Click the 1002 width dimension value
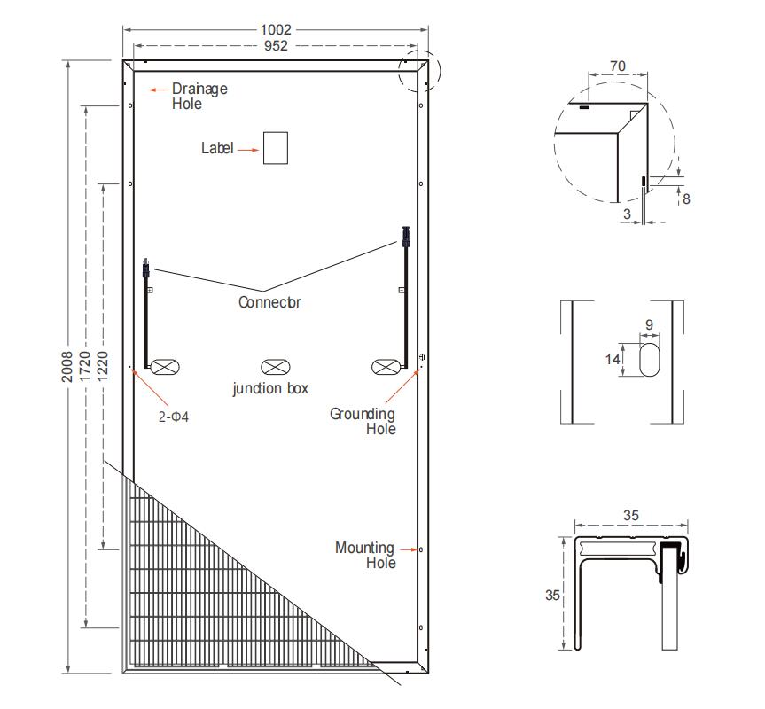(276, 30)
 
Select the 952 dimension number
(276, 46)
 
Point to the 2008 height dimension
(66, 366)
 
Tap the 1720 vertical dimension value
(84, 366)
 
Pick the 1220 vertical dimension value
(102, 366)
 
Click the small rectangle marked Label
(276, 148)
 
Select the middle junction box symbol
(276, 367)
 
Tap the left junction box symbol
(165, 367)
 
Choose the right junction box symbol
(386, 367)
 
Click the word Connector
(269, 302)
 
